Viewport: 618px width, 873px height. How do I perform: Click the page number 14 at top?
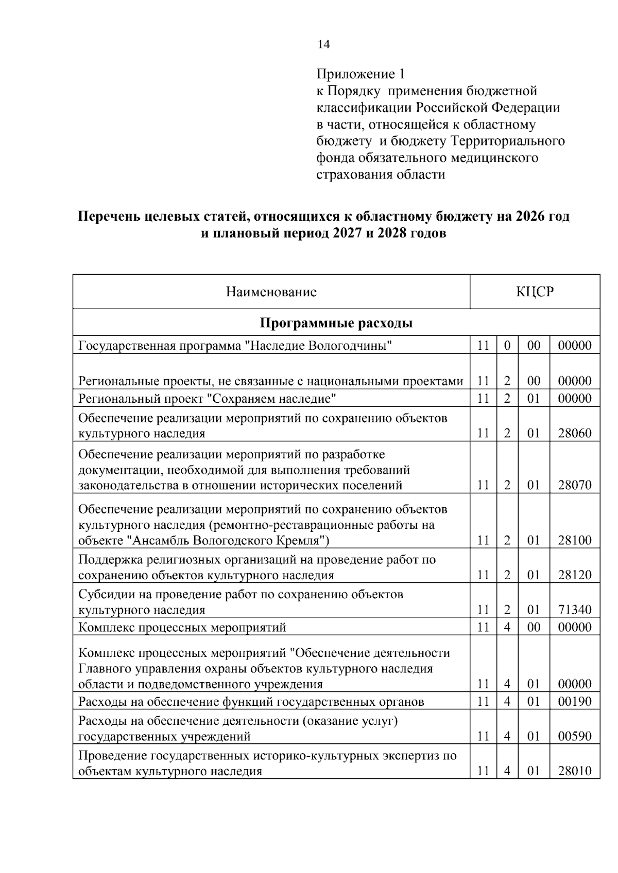(x=323, y=44)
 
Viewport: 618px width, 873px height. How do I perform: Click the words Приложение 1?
(x=356, y=74)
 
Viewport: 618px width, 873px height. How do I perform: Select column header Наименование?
(x=271, y=292)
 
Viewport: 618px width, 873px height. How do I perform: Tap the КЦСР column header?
(x=535, y=292)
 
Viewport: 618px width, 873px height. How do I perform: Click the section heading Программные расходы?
(x=336, y=323)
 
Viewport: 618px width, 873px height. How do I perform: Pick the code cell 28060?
(x=575, y=433)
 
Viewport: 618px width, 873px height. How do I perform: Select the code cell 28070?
(x=575, y=485)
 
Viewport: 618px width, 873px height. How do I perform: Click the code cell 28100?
(x=575, y=540)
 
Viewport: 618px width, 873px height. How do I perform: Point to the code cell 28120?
(x=575, y=575)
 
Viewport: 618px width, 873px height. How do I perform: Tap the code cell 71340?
(x=575, y=610)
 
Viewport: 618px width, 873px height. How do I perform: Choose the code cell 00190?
(x=575, y=702)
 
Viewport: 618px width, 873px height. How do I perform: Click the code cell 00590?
(x=575, y=736)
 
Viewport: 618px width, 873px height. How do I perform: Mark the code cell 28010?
(x=575, y=771)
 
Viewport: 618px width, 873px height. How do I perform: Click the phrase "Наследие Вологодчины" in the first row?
(x=318, y=346)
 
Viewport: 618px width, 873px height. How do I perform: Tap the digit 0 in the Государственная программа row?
(x=507, y=346)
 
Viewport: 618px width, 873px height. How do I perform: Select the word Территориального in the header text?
(x=507, y=141)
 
